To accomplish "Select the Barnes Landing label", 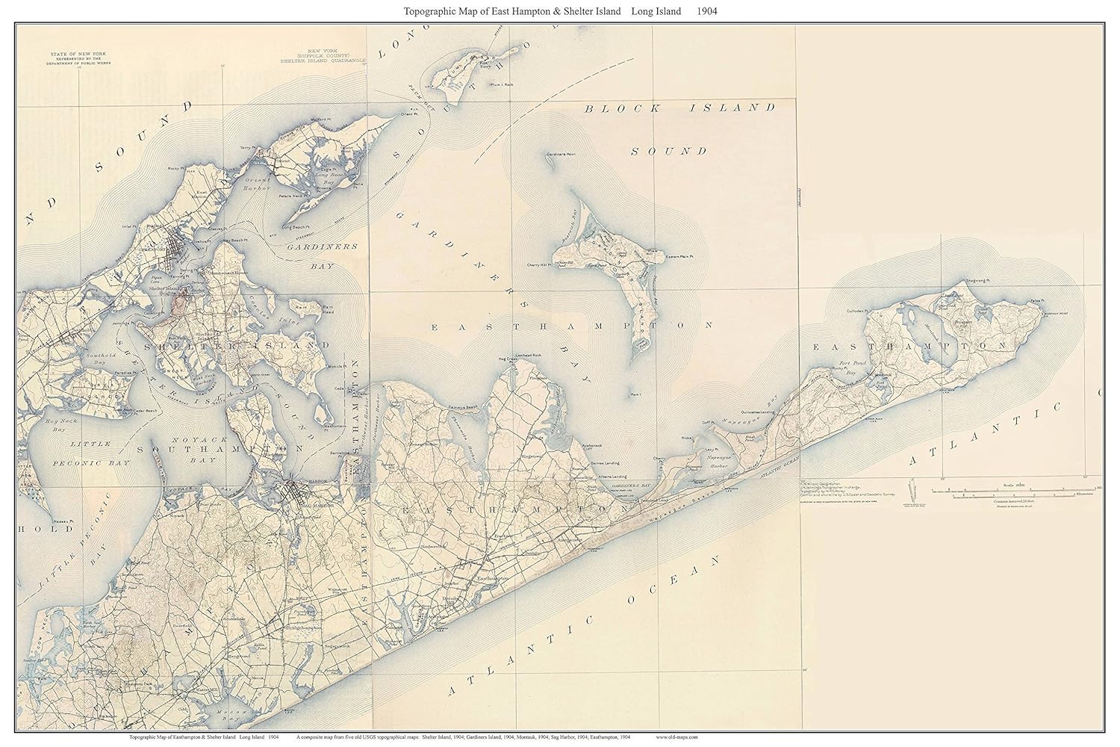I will pyautogui.click(x=603, y=463).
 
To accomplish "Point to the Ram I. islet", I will pyautogui.click(x=636, y=394).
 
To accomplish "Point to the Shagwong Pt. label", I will pyautogui.click(x=976, y=282).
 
